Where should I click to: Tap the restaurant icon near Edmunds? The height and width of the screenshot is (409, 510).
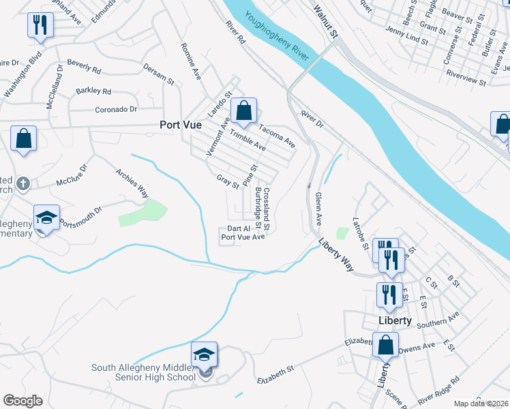[x=40, y=26]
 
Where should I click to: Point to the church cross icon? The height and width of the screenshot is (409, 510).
[x=22, y=183]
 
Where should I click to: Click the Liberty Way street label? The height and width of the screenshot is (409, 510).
[x=335, y=255]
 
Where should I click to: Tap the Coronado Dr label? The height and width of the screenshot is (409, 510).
[x=116, y=109]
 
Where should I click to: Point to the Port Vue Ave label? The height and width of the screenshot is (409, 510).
[x=242, y=237]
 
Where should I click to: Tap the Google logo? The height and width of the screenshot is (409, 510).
[x=22, y=401]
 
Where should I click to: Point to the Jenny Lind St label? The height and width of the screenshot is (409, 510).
[x=406, y=35]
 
